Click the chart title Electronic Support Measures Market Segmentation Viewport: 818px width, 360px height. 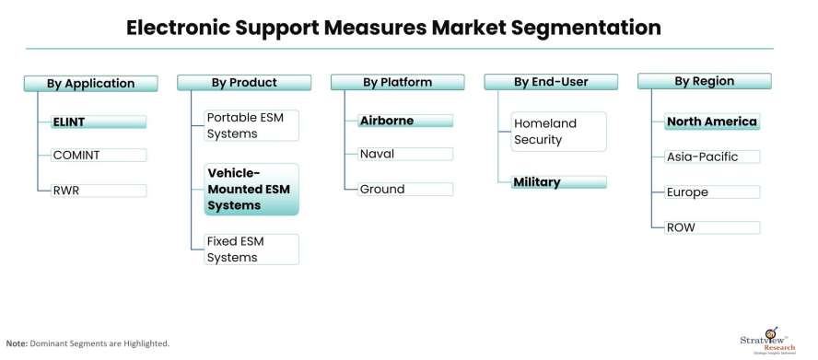393,29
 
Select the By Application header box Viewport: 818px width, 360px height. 90,84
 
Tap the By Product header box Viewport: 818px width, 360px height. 244,83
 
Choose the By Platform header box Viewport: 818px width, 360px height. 397,83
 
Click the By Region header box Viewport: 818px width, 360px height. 704,82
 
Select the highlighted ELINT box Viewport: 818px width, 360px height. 92,122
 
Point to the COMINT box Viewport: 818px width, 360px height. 92,156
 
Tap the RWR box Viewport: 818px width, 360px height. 92,191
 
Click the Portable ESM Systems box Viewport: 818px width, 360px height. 251,126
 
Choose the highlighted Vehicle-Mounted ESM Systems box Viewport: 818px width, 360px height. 251,189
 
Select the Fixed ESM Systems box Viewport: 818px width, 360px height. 251,250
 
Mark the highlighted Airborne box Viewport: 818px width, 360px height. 404,121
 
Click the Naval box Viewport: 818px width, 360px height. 404,154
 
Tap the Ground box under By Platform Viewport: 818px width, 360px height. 404,189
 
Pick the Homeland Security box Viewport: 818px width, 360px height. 557,131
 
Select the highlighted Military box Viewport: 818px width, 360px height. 558,182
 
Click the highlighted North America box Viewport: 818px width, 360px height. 712,122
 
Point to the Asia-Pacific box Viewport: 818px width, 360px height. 712,157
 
